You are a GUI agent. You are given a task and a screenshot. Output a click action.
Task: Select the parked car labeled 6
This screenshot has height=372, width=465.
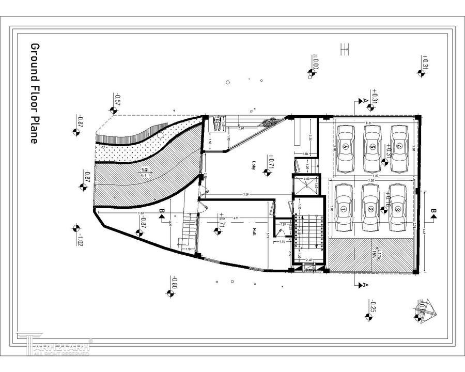[x=346, y=147]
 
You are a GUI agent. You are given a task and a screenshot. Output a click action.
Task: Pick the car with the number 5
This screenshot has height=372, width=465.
[x=372, y=147]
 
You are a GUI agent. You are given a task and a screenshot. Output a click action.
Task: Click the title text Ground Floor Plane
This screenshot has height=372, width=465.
[x=35, y=93]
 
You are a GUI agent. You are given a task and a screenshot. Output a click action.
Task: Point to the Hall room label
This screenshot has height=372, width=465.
[x=254, y=232]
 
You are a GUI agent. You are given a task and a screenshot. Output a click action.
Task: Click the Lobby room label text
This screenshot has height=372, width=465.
[x=254, y=165]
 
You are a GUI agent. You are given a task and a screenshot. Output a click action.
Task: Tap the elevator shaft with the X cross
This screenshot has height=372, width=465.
[x=305, y=184]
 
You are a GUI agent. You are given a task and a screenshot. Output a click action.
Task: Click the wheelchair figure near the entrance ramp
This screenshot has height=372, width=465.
[x=218, y=123]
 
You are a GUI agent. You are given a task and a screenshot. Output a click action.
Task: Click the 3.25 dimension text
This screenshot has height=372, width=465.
[x=309, y=138]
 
